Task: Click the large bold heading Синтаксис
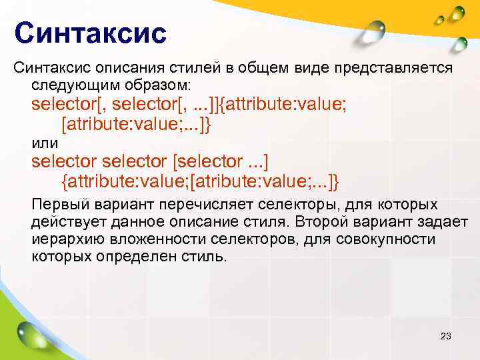[x=90, y=33]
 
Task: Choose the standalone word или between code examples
[x=45, y=143]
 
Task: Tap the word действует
[x=66, y=221]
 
